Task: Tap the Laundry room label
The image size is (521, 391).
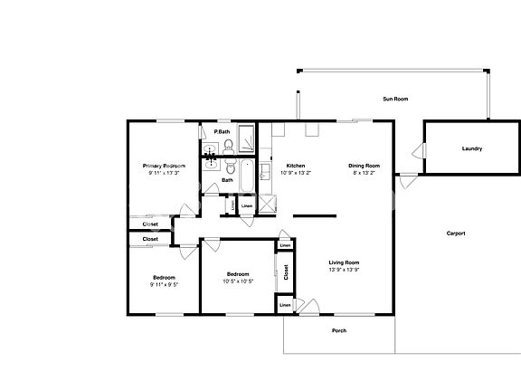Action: [x=471, y=148]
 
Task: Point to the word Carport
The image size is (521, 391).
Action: [x=456, y=234]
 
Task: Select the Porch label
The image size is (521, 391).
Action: [x=339, y=330]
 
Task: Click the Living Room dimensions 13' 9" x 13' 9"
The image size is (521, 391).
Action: [x=344, y=270]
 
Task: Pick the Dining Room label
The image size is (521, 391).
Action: [x=364, y=166]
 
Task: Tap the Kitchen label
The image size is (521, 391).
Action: [x=296, y=166]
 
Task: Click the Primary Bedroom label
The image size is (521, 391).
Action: [x=164, y=166]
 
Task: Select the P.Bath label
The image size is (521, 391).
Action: [x=222, y=132]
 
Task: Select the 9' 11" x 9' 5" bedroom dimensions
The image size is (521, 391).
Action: [x=164, y=284]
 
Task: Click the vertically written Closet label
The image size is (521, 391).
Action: [x=286, y=272]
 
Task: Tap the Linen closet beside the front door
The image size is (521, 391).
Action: [x=285, y=305]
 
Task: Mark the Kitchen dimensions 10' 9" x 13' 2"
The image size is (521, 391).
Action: [x=296, y=173]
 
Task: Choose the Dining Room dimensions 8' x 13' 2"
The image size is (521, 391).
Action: [x=364, y=173]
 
